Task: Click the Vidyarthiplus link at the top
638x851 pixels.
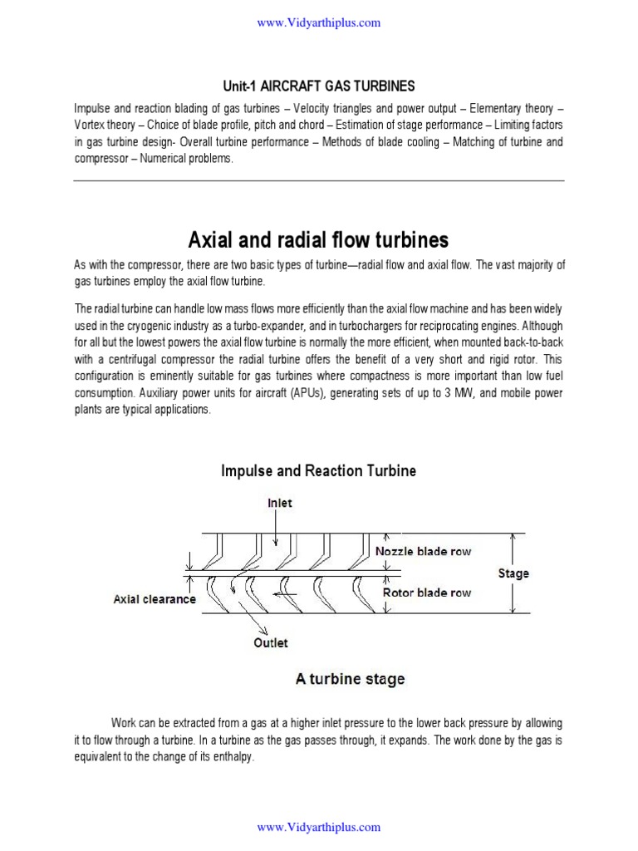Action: pyautogui.click(x=319, y=22)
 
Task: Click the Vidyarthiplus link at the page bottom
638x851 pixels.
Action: pyautogui.click(x=319, y=827)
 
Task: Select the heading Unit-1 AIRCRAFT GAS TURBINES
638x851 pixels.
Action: pyautogui.click(x=319, y=86)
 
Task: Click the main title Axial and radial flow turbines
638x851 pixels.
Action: pyautogui.click(x=319, y=240)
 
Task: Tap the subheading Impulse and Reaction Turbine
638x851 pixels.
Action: pyautogui.click(x=319, y=471)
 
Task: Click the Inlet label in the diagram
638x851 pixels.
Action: pyautogui.click(x=279, y=504)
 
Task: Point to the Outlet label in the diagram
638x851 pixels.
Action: pyautogui.click(x=270, y=642)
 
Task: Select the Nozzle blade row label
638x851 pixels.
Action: pyautogui.click(x=423, y=551)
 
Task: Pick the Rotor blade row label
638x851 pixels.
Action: pyautogui.click(x=426, y=593)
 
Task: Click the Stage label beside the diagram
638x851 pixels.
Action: pyautogui.click(x=513, y=573)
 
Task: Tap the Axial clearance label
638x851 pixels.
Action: pyautogui.click(x=155, y=598)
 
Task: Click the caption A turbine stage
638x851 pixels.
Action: pyautogui.click(x=350, y=679)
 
